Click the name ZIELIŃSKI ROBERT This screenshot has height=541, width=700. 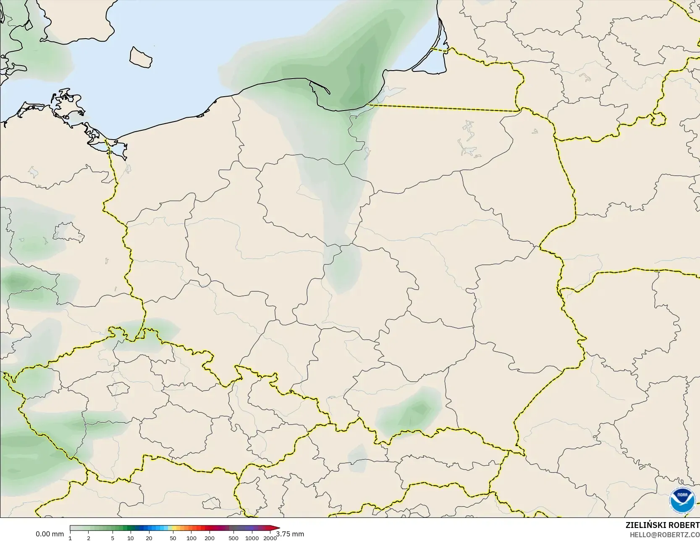662,525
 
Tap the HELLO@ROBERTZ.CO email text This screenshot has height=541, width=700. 664,534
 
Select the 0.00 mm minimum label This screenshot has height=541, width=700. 50,534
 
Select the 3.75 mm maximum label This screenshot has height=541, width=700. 290,534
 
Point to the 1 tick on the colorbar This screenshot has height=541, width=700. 70,538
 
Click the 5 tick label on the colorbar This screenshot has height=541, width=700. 113,538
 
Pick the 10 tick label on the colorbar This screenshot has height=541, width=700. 131,538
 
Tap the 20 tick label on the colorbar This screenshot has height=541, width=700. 149,538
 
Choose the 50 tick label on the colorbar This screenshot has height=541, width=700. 173,538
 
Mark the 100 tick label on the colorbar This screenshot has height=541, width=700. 191,538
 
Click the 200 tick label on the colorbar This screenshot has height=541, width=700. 210,538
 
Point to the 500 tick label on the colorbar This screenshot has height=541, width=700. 233,538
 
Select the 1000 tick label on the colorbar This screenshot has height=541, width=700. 252,538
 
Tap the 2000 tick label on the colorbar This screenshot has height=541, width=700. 270,538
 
